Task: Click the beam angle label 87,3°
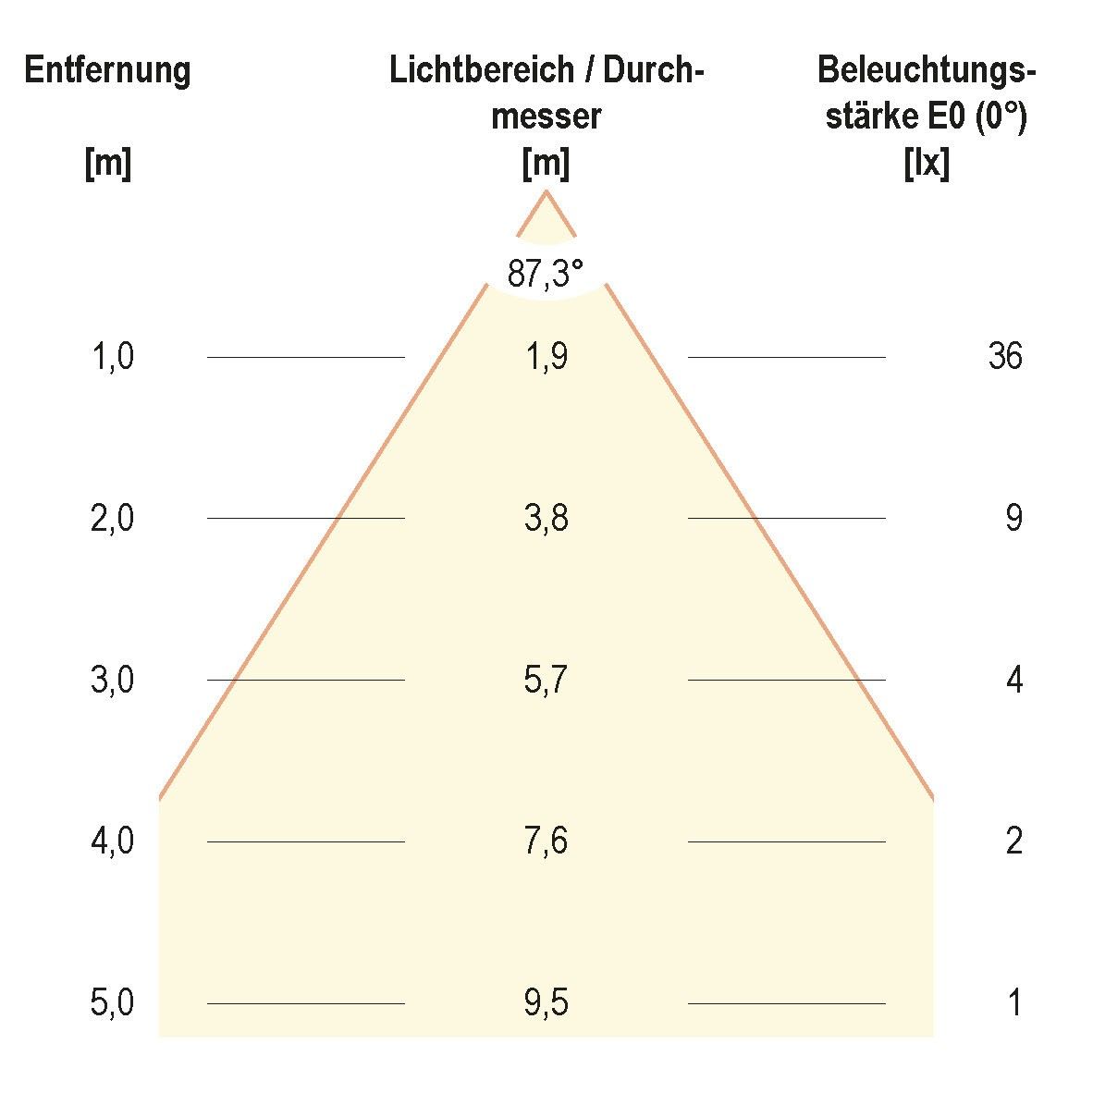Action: [x=546, y=274]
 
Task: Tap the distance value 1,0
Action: [x=113, y=356]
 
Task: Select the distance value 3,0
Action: [x=113, y=681]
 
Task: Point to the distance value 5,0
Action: [x=113, y=1003]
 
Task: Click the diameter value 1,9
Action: [x=546, y=356]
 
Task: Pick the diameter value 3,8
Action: [x=546, y=519]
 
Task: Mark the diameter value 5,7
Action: [x=546, y=681]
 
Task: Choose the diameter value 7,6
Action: [x=546, y=841]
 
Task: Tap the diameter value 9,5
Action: [x=546, y=1003]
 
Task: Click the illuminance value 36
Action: [x=1005, y=356]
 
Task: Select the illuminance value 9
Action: [x=1013, y=519]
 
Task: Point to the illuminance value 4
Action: [x=1013, y=681]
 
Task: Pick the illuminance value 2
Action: [x=1013, y=841]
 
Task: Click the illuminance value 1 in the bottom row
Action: [x=1014, y=1003]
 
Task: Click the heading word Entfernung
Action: [x=107, y=70]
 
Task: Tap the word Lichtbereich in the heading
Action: [x=469, y=71]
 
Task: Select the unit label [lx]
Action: [x=926, y=165]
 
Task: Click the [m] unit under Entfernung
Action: [x=107, y=165]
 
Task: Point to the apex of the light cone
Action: [x=546, y=191]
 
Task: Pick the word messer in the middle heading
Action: [x=546, y=117]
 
